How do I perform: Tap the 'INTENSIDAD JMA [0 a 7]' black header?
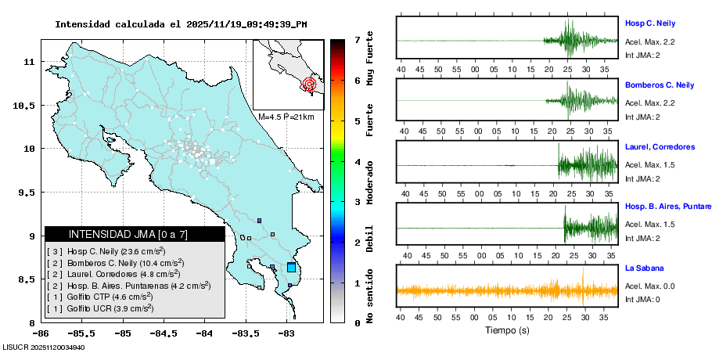pos(135,234)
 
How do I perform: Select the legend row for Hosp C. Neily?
pos(106,251)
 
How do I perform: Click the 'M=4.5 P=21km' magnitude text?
pos(286,117)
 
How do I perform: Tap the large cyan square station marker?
pos(291,268)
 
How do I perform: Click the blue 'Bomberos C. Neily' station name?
pos(659,85)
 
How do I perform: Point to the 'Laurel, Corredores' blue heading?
pos(660,146)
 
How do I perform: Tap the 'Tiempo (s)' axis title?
pos(507,331)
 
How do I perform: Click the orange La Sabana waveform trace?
pos(507,291)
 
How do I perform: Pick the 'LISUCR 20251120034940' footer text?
pos(45,347)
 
